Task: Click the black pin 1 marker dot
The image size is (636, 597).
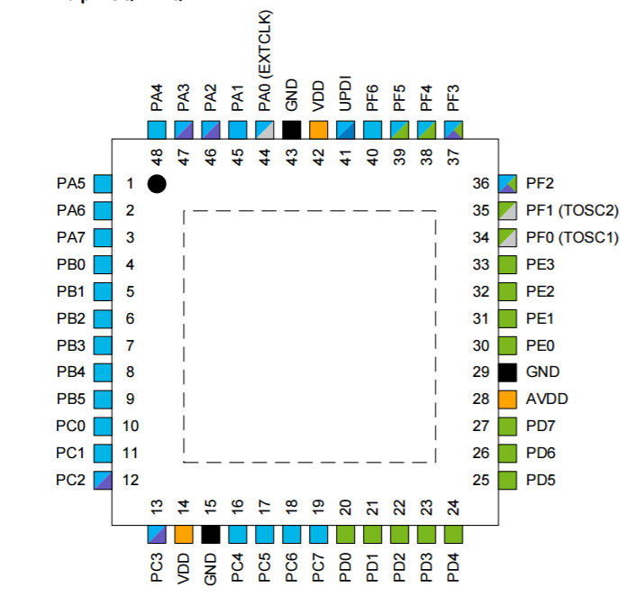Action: tap(157, 184)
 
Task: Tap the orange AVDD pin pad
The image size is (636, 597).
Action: tap(507, 400)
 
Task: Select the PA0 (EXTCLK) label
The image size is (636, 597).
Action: tap(265, 61)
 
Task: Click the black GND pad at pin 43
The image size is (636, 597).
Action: tap(292, 130)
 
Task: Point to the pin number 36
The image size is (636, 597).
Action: tap(481, 184)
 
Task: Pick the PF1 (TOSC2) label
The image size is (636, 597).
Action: tap(572, 210)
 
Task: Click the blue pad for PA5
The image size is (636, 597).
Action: tap(103, 184)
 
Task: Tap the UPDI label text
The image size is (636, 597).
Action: tap(345, 94)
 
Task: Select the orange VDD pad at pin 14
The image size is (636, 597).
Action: tap(184, 535)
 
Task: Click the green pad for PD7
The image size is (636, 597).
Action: tap(507, 427)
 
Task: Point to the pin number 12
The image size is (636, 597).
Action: tap(131, 480)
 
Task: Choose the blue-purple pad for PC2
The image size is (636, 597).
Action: tap(103, 480)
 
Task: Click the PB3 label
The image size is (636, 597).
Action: tap(71, 345)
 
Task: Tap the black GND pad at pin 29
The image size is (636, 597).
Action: tap(507, 372)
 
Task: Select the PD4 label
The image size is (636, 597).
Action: tap(453, 567)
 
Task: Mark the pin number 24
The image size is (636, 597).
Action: tap(453, 508)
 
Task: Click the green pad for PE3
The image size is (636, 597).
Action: tap(507, 265)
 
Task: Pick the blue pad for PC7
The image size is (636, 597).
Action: tap(318, 535)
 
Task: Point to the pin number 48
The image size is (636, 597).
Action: tap(157, 157)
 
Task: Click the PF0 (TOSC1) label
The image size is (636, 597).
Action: tap(572, 237)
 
